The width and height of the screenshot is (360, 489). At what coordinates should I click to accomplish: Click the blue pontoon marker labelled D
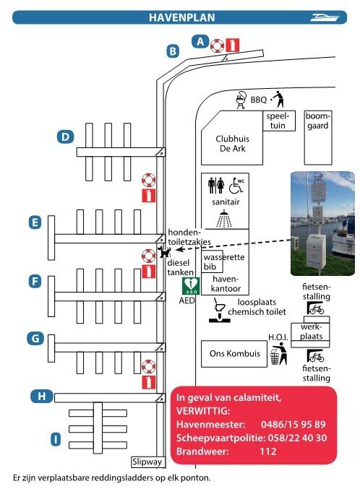(65, 137)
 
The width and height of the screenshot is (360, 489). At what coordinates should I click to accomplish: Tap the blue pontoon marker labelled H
(41, 397)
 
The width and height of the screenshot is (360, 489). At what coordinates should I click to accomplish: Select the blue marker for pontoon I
(56, 439)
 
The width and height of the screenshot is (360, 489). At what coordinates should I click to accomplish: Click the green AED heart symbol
(191, 285)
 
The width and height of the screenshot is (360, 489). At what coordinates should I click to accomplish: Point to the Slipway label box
(147, 462)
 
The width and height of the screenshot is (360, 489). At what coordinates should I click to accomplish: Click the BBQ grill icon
(241, 100)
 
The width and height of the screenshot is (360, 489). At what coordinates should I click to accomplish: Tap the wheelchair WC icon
(236, 186)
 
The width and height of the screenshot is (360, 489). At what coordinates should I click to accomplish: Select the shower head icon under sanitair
(224, 219)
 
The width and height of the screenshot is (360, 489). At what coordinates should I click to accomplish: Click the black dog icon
(164, 251)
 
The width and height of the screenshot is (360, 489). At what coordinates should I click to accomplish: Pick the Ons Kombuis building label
(234, 353)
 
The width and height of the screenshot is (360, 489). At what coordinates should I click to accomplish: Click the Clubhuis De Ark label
(233, 144)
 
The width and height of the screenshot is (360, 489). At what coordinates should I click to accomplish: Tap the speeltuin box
(278, 121)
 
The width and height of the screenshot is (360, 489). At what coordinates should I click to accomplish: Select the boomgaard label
(317, 121)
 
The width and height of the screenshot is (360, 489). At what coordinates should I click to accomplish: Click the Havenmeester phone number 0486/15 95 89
(293, 424)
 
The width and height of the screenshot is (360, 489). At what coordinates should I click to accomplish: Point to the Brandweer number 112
(268, 451)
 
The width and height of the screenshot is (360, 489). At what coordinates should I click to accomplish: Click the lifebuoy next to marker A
(217, 46)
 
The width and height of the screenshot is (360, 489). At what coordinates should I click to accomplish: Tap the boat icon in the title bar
(325, 17)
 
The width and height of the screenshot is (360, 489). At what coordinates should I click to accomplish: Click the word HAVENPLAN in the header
(181, 17)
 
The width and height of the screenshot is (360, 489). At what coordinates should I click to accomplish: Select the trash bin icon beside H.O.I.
(275, 357)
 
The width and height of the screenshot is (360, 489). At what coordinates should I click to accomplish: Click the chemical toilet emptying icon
(220, 311)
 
